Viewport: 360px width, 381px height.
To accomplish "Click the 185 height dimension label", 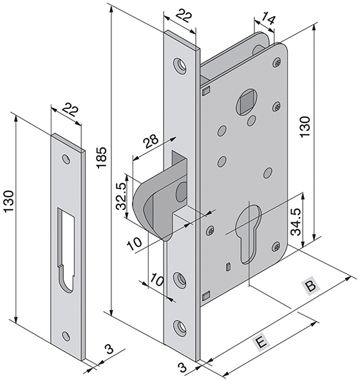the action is click(x=101, y=157).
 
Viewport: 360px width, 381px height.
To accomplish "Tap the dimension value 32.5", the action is click(x=120, y=196).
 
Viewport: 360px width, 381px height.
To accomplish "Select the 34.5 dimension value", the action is click(x=296, y=221).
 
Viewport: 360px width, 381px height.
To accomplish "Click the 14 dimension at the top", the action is click(x=269, y=19).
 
